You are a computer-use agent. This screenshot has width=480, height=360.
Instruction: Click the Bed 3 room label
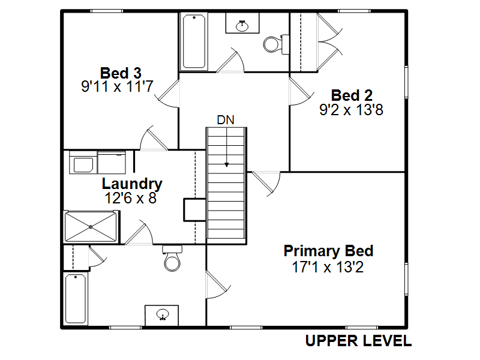pos(121,73)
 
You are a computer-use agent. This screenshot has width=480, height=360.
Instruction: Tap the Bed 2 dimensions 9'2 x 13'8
pos(352,110)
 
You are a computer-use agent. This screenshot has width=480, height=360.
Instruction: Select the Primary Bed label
pos(328,251)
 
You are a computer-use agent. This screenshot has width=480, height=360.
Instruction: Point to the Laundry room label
pos(131,184)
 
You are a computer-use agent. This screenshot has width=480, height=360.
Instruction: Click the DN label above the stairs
pos(226,119)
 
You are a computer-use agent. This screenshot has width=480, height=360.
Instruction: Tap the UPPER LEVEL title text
pos(358,341)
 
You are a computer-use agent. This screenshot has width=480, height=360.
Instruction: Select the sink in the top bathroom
pos(243,25)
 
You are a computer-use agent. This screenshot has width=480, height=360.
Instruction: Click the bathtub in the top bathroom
pos(194,41)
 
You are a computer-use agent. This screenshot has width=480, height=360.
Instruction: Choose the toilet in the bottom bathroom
pos(172,259)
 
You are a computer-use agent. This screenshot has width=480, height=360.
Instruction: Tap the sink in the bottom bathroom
pos(162,314)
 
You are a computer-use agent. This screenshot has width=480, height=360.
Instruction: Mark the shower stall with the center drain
pos(91,226)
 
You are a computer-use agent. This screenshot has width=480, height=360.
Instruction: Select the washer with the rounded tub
pos(82,163)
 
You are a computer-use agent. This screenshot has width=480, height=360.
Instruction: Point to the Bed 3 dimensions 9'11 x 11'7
pos(118,88)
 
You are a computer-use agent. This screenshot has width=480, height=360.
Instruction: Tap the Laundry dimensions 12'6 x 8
pos(130,199)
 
